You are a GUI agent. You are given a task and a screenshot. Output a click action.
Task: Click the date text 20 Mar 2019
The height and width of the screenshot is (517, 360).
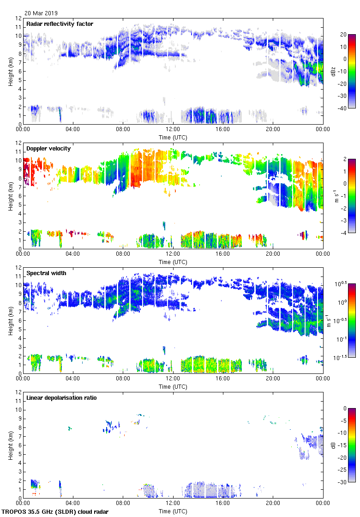click(x=42, y=13)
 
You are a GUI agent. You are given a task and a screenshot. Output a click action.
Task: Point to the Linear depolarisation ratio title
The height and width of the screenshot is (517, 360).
click(x=61, y=398)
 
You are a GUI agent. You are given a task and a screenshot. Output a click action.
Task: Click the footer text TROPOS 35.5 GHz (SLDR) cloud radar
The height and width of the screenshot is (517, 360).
click(x=55, y=512)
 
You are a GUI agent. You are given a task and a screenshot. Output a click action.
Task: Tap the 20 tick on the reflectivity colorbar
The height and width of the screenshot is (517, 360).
click(x=344, y=34)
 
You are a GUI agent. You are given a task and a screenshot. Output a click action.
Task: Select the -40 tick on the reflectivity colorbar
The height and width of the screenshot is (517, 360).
click(x=344, y=108)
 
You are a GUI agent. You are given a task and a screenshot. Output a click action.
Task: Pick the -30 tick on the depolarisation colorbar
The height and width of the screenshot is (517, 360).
click(x=344, y=482)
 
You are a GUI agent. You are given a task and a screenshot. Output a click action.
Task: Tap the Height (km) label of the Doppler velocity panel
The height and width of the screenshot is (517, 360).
click(x=10, y=196)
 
